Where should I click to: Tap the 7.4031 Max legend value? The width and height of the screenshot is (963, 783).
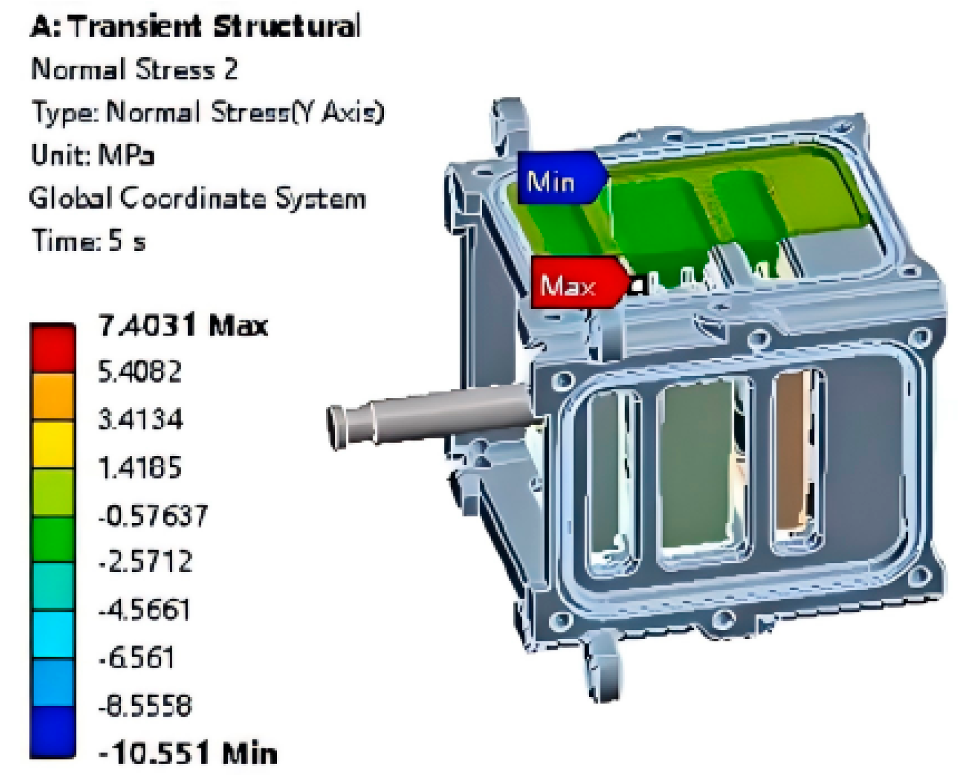click(183, 325)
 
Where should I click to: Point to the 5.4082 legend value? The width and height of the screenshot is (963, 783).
click(140, 372)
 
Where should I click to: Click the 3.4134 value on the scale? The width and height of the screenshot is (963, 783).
click(141, 419)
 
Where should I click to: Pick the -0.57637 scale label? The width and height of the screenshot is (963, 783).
click(153, 515)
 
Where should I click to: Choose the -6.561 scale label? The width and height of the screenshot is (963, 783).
click(136, 657)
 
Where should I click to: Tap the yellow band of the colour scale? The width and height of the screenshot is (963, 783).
click(53, 445)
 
